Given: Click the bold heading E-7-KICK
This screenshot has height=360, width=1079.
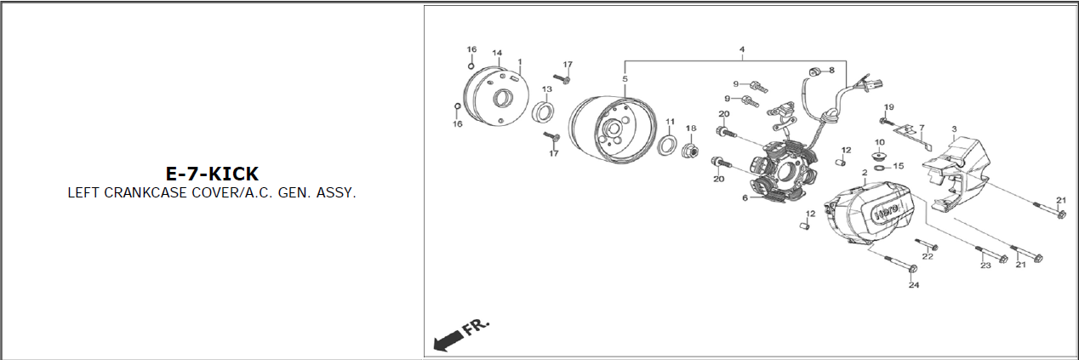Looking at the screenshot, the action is click(212, 174).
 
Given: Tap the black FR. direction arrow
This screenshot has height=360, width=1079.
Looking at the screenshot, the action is click(448, 340).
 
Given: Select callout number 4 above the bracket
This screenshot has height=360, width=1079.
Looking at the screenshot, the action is click(742, 49).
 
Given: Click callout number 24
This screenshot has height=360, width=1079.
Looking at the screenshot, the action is click(914, 285).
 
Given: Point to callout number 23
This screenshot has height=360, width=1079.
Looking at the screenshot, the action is click(985, 265).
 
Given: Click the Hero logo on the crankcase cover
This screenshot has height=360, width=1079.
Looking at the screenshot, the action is click(887, 212).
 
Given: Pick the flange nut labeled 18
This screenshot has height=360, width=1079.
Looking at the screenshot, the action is click(690, 151).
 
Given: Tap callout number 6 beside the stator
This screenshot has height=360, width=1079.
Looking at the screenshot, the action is click(745, 197).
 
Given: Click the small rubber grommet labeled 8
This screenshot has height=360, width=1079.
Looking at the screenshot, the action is click(814, 72).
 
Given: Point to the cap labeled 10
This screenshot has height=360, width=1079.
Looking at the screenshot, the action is click(880, 156).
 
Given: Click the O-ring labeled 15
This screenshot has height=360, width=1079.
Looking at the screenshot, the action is click(879, 168).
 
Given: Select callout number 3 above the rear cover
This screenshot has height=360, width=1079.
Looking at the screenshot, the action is click(954, 129).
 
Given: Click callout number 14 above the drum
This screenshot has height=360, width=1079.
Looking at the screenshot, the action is click(497, 53).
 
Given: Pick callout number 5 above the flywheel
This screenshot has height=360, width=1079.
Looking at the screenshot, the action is click(625, 78).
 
